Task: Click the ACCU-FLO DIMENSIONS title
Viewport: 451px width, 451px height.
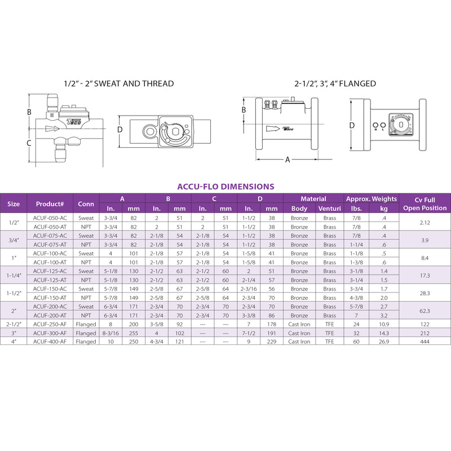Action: pyautogui.click(x=225, y=187)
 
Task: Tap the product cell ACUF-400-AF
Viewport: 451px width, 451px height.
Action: pyautogui.click(x=50, y=342)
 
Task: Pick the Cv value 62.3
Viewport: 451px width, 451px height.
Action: pyautogui.click(x=426, y=311)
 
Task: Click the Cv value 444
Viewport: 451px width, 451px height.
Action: pyautogui.click(x=426, y=342)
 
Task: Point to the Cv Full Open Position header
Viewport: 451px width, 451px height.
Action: pyautogui.click(x=426, y=204)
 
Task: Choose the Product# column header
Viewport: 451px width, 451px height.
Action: pyautogui.click(x=50, y=204)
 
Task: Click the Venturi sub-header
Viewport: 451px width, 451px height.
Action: pyautogui.click(x=330, y=209)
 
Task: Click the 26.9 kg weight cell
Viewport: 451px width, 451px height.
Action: pyautogui.click(x=384, y=342)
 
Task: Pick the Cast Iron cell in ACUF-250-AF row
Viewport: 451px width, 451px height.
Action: pyautogui.click(x=299, y=325)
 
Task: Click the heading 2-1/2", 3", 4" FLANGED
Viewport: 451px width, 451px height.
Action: pyautogui.click(x=335, y=84)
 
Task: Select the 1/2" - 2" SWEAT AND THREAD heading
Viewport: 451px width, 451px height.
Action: pyautogui.click(x=118, y=84)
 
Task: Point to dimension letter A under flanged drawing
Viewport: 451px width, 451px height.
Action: pyautogui.click(x=287, y=160)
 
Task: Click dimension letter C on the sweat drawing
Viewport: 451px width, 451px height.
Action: pyautogui.click(x=29, y=143)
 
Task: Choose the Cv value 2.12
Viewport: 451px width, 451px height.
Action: pyautogui.click(x=426, y=223)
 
